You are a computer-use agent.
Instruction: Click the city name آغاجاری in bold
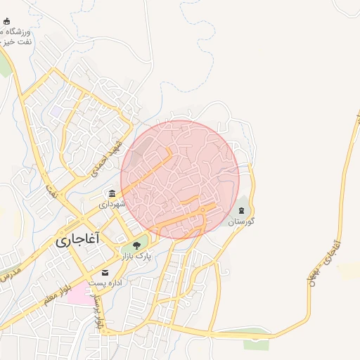[78, 239]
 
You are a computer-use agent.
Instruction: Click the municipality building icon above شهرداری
[112, 193]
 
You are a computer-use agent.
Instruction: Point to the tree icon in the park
[136, 245]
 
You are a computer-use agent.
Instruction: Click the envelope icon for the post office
[105, 272]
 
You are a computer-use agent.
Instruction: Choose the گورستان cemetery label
[240, 221]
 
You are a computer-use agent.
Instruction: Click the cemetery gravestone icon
[241, 210]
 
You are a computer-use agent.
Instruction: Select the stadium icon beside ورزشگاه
[6, 22]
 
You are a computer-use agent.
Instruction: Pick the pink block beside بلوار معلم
[82, 292]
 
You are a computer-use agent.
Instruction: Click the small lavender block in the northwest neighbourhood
[55, 111]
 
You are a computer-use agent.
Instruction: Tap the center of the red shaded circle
[180, 179]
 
